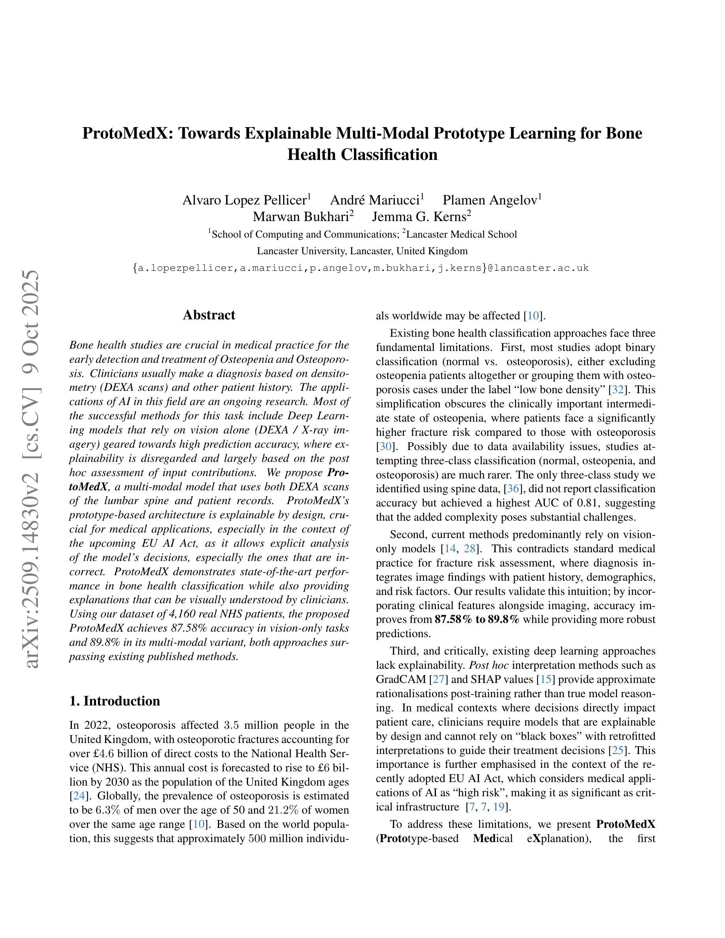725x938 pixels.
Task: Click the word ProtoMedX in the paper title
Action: tap(128, 133)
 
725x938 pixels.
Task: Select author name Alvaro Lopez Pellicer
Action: tap(244, 200)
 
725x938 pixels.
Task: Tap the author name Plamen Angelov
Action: tap(489, 200)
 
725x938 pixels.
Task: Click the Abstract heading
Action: tap(209, 315)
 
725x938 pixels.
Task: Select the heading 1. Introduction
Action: tap(114, 701)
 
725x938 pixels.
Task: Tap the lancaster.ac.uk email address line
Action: tap(361, 268)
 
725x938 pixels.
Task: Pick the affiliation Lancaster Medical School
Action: tap(461, 234)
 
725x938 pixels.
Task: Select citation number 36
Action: tap(513, 489)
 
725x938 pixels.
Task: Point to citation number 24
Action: tap(79, 796)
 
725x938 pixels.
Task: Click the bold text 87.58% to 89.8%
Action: tap(477, 620)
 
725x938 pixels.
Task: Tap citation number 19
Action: tap(499, 807)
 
